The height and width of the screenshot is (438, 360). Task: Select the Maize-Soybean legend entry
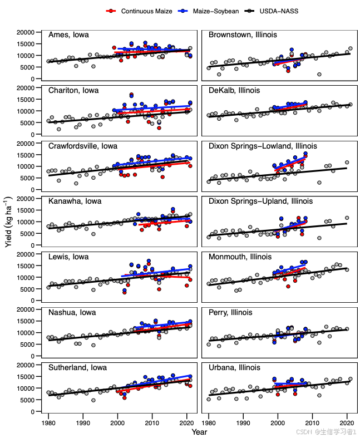210,11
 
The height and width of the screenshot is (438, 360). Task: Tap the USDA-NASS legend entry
276,11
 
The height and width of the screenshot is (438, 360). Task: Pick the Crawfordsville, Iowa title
83,146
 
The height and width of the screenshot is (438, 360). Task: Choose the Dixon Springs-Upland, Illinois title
260,201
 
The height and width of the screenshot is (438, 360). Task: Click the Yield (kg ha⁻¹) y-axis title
9,222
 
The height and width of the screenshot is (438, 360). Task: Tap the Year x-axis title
200,431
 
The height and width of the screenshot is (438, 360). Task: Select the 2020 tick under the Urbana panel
347,422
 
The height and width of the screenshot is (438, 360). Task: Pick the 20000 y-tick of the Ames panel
26,32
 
